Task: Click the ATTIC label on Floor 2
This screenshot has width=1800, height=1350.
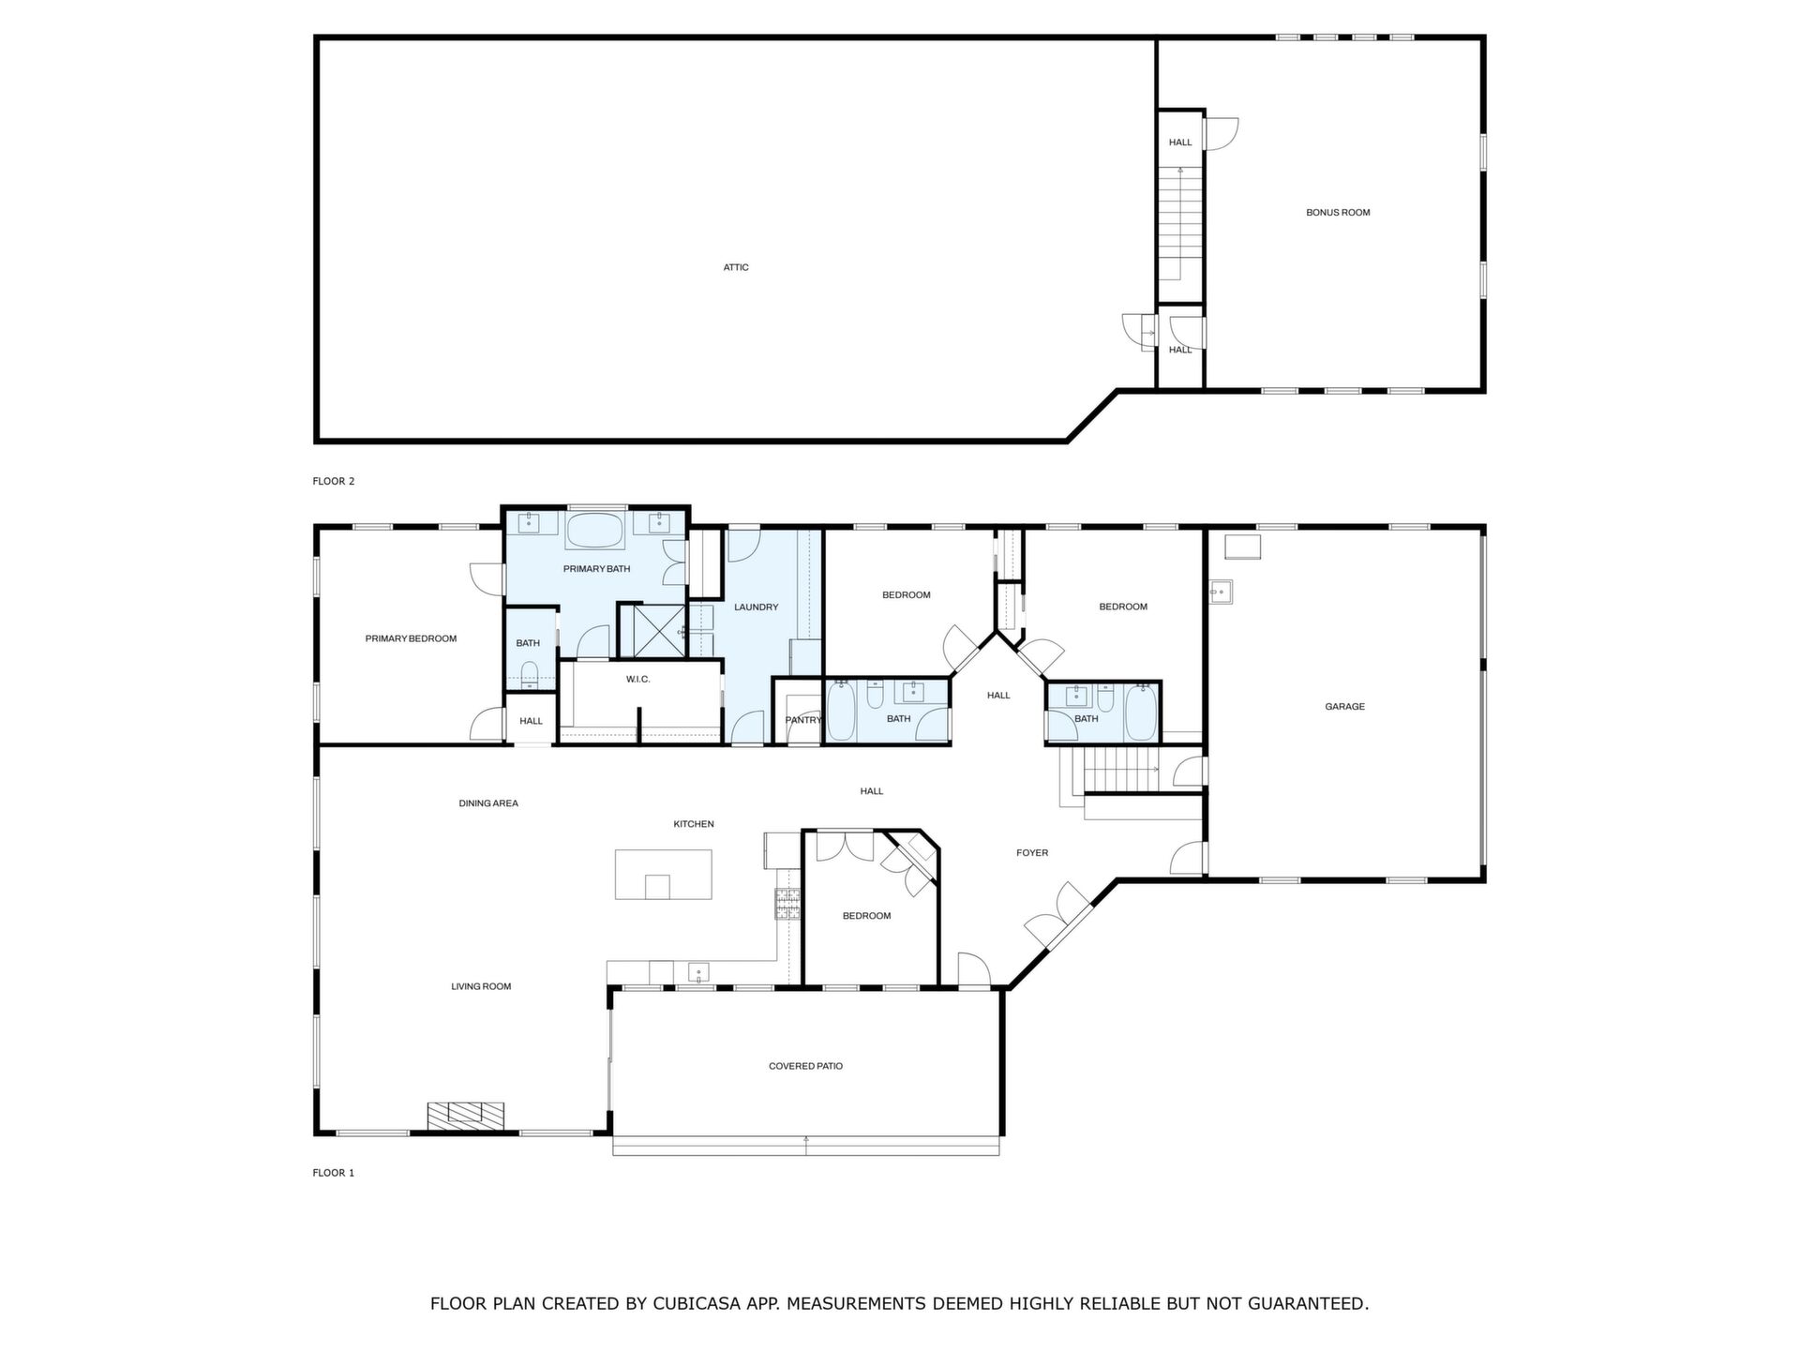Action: click(736, 267)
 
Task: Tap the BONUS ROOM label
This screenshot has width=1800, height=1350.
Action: click(1338, 213)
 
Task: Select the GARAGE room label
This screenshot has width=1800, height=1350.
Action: click(1344, 707)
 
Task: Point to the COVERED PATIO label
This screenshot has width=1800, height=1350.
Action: click(805, 1066)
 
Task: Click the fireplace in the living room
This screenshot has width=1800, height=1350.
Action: click(466, 1115)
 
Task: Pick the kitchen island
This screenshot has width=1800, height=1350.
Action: click(663, 875)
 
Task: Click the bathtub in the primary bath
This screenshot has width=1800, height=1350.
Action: click(594, 531)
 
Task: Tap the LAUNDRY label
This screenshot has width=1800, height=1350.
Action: click(756, 607)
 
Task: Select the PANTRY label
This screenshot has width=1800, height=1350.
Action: click(803, 720)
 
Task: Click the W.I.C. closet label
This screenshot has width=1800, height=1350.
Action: click(637, 679)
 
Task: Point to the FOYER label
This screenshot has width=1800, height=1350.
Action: click(1032, 853)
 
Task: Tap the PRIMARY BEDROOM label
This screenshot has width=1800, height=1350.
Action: click(411, 639)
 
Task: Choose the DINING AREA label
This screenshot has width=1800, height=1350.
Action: click(488, 803)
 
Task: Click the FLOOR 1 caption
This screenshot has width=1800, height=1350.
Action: click(334, 1173)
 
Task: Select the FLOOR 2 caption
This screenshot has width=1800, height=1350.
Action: click(334, 482)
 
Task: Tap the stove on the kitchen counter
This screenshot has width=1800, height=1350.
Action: click(787, 902)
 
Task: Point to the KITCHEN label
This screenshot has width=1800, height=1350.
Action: click(694, 824)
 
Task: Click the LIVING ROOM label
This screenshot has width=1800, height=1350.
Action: click(481, 986)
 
